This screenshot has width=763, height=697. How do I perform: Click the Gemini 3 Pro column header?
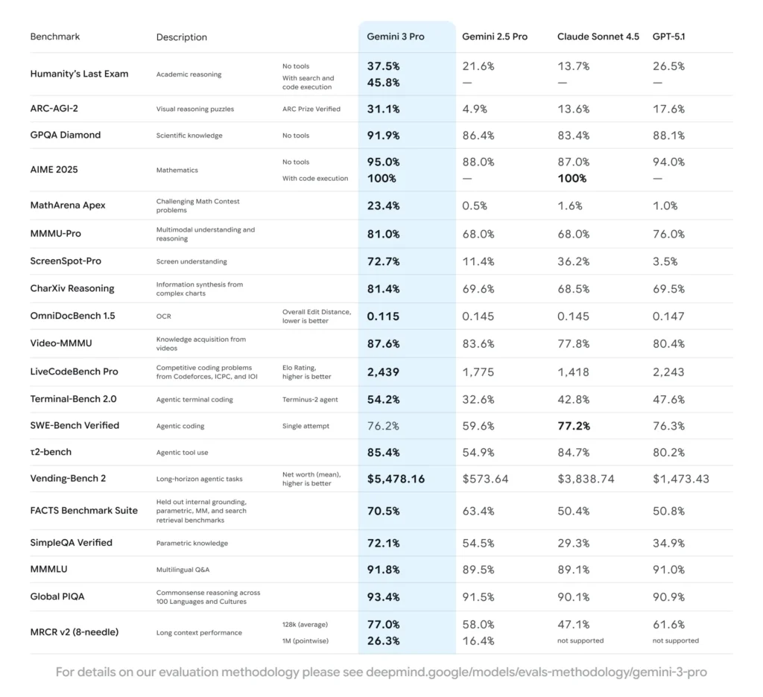pos(395,36)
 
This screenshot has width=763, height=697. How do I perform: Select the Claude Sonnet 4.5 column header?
pos(598,36)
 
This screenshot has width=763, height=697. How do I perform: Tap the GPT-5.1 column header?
pos(668,36)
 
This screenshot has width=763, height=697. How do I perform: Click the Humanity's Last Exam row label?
pos(79,74)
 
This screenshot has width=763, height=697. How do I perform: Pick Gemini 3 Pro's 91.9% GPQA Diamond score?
pos(383,136)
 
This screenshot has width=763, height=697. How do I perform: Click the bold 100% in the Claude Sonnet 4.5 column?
pos(572,179)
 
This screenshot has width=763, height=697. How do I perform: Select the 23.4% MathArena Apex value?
pos(383,206)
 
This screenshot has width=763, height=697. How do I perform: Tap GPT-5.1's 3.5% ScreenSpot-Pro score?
pos(665,261)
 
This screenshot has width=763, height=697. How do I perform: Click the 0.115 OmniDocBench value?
pos(383,316)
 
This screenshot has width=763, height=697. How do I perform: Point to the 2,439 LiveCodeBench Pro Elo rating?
pos(383,372)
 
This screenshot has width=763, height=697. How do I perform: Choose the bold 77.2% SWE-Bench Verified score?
pos(573,426)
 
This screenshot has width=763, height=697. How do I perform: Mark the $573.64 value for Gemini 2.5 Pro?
pos(485,479)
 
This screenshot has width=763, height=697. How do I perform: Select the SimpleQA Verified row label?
pos(71,543)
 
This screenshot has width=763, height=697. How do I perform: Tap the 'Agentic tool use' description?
pos(183,452)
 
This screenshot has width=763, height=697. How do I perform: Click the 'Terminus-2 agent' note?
pos(310,400)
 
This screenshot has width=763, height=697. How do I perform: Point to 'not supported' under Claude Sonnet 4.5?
pos(580,640)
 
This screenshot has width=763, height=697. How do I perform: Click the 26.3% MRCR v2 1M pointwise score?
pos(383,640)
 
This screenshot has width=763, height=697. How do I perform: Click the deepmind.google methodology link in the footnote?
pos(536,672)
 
